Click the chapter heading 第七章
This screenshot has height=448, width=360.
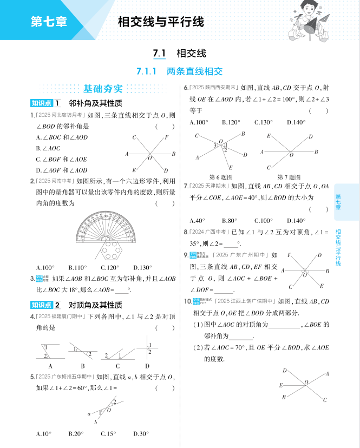(49, 23)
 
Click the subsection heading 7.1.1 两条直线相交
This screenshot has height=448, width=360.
(180, 71)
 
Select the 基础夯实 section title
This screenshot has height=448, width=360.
(103, 89)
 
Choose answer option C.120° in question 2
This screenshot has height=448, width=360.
(110, 267)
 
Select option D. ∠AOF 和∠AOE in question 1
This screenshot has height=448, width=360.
(61, 170)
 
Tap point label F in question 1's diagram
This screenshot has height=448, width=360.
(166, 137)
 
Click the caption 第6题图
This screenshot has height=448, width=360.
(220, 177)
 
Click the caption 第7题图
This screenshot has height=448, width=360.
(289, 177)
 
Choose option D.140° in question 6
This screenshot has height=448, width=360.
(296, 122)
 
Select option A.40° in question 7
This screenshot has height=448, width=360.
(198, 221)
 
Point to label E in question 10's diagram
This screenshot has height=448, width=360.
(280, 385)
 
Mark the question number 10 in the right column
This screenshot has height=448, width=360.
(187, 301)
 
